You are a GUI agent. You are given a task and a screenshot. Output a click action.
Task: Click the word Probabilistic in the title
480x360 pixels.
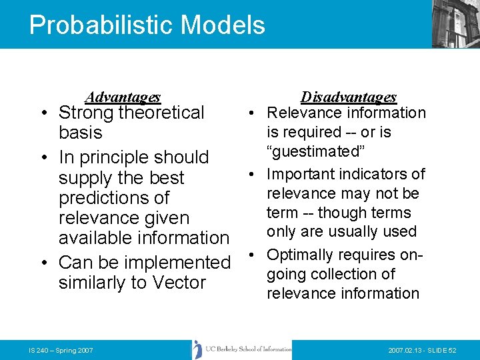click(93, 25)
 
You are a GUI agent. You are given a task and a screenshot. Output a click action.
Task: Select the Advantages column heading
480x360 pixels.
click(123, 97)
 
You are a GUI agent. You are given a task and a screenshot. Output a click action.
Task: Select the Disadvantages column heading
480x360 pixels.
click(349, 97)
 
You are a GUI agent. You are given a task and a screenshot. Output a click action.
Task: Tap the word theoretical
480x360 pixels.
click(161, 113)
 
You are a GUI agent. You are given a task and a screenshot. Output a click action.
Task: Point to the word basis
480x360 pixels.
click(80, 133)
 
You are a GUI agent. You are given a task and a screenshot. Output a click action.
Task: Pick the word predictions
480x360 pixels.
click(114, 198)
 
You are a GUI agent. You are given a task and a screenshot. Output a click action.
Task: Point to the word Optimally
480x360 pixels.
click(300, 255)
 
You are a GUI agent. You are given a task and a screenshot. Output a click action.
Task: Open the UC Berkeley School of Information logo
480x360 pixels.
click(242, 350)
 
